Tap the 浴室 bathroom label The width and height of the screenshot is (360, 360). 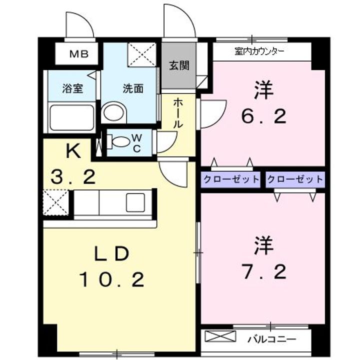coord(72,89)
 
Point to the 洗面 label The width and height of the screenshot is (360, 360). coord(133,89)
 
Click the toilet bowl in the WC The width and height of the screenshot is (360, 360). coord(120,142)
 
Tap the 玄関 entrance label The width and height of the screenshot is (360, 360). coord(178,65)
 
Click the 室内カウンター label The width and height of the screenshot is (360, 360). coord(259,51)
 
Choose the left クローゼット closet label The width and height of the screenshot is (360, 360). coord(231,179)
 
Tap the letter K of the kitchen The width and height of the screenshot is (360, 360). coord(73,150)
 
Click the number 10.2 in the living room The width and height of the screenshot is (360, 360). coord(113,279)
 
